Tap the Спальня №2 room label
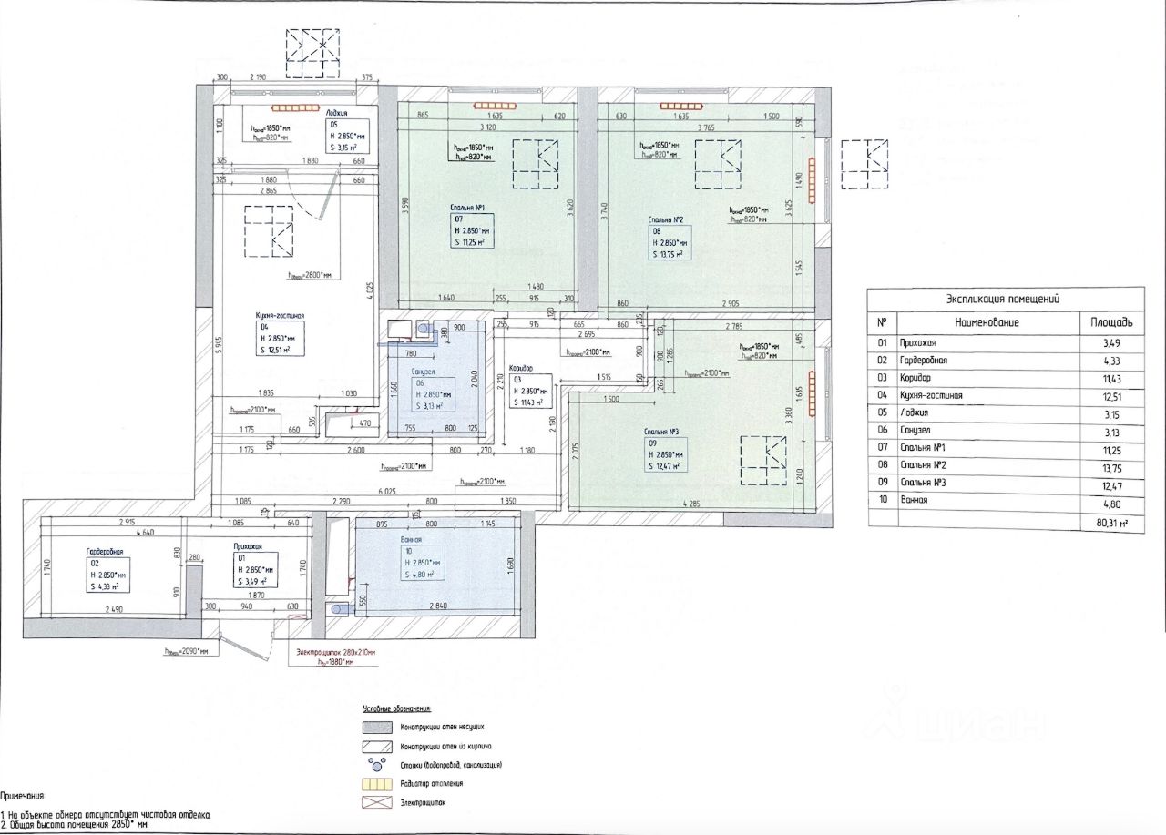pyautogui.click(x=666, y=219)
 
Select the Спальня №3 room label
pyautogui.click(x=663, y=431)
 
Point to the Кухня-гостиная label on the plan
pyautogui.click(x=280, y=316)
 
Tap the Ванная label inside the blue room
pyautogui.click(x=411, y=539)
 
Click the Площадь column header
pyautogui.click(x=1111, y=322)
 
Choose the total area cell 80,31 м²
pyautogui.click(x=1111, y=524)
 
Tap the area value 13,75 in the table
pyautogui.click(x=1111, y=465)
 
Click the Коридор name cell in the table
pyautogui.click(x=917, y=378)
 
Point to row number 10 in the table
pyautogui.click(x=881, y=500)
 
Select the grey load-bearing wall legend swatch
pyautogui.click(x=376, y=728)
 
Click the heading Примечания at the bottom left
pyautogui.click(x=22, y=795)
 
